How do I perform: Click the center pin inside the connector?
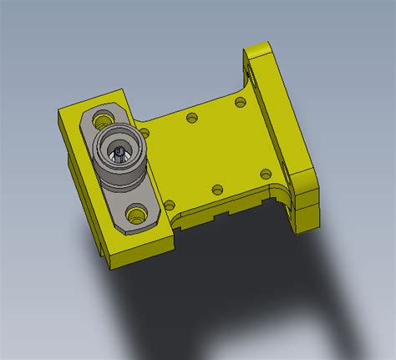[120, 152]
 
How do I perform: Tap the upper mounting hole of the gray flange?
[104, 117]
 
